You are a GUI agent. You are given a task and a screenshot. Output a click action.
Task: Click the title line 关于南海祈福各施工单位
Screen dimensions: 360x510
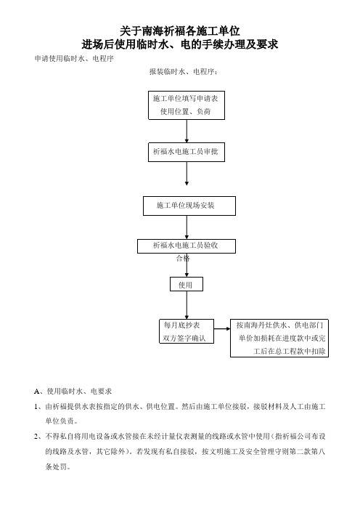pos(180,31)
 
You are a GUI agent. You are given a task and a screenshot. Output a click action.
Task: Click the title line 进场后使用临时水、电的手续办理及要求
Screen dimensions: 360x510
pos(180,44)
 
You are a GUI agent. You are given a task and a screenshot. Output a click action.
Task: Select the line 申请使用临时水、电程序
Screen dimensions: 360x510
pos(74,59)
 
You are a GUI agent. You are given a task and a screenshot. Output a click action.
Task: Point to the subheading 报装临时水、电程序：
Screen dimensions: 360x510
pos(183,71)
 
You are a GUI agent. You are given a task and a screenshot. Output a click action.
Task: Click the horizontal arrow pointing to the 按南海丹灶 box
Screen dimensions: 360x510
pos(222,329)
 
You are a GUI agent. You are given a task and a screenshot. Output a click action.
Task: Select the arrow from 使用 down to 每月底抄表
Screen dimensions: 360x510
pos(187,305)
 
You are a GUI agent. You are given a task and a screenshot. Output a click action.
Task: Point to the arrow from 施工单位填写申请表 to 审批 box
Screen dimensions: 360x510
pos(187,131)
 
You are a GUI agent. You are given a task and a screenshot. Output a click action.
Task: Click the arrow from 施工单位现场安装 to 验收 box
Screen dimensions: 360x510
pos(187,227)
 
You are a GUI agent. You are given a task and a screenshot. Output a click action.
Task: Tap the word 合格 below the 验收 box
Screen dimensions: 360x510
pos(183,259)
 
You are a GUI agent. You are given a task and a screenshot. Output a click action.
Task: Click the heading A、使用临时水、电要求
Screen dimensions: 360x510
pos(73,392)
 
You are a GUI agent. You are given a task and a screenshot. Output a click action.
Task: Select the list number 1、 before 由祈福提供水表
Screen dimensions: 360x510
pos(38,407)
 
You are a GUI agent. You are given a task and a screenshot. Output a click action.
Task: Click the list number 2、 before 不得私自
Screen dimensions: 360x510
pos(38,437)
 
